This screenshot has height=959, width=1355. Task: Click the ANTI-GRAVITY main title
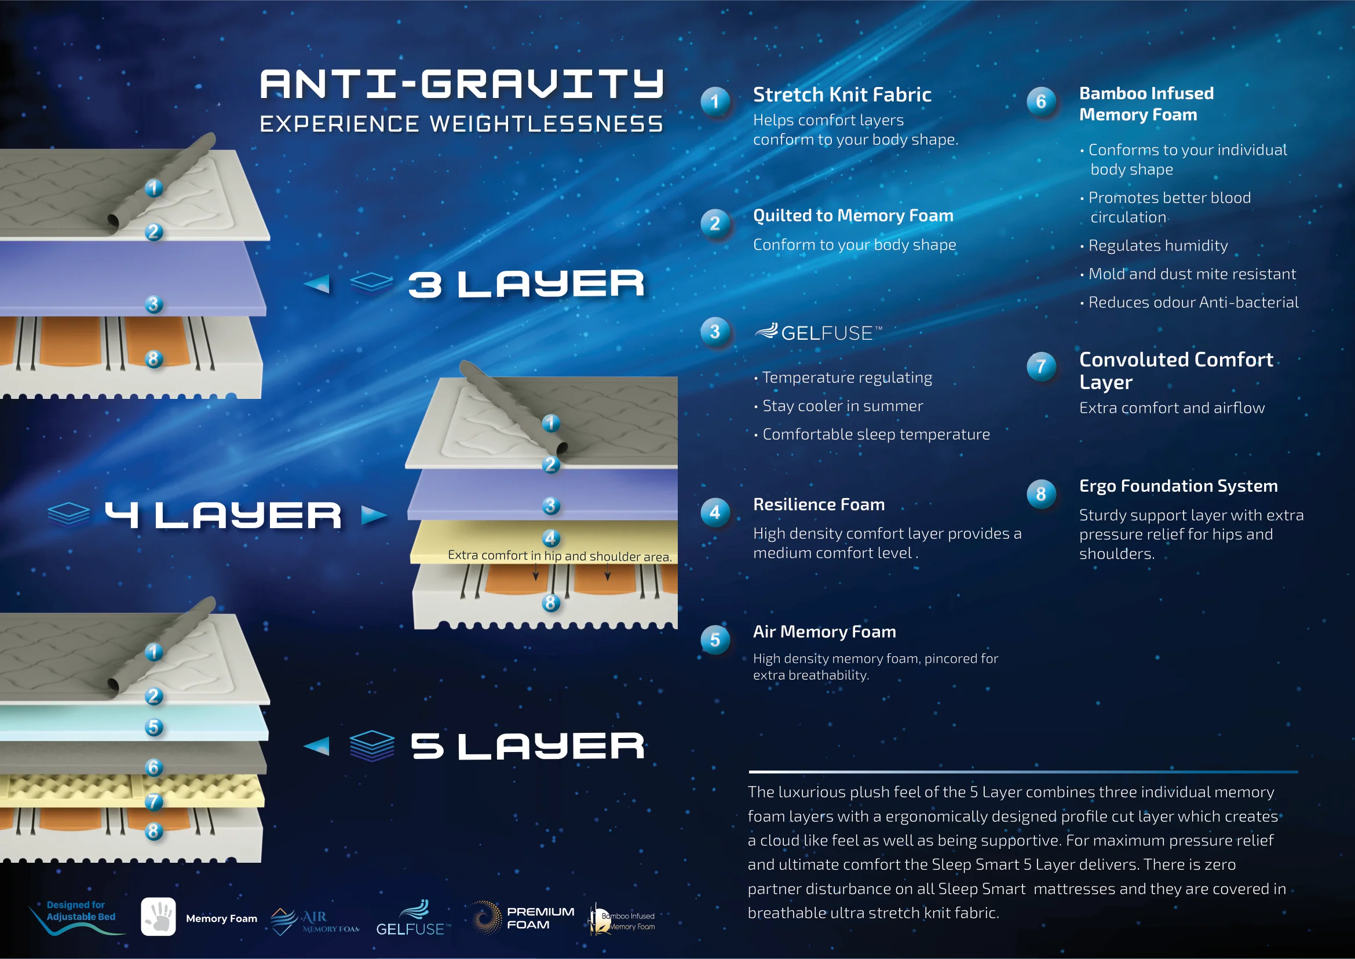[x=462, y=84]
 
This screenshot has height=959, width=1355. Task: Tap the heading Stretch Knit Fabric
[x=842, y=95]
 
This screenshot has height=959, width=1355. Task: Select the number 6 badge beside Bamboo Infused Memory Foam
[x=1041, y=101]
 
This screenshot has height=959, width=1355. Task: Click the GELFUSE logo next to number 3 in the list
[x=819, y=332]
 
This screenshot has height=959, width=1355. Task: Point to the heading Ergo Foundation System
[x=1178, y=486]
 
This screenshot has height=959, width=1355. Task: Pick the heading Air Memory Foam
[x=824, y=632]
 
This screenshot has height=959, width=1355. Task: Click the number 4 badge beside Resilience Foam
[x=715, y=513]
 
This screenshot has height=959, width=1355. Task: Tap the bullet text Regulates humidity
[x=1157, y=246]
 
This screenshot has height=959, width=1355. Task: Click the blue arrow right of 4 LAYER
[x=374, y=515]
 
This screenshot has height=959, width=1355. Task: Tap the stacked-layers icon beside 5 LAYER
[x=372, y=746]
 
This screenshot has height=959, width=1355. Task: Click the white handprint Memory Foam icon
[x=158, y=917]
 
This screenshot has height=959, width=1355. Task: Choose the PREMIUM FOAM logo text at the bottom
[x=539, y=918]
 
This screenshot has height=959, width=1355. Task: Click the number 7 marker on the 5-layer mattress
[x=154, y=801]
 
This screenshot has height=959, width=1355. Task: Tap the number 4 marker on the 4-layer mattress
[x=550, y=538]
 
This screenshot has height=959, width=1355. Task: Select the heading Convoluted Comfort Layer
[x=1175, y=370]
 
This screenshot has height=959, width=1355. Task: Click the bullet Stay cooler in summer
[x=842, y=406]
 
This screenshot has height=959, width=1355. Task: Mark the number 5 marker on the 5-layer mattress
[x=154, y=727]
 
